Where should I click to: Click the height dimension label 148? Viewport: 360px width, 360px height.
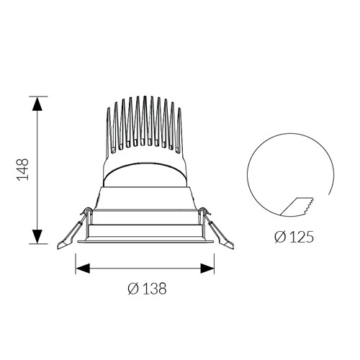point(23,169)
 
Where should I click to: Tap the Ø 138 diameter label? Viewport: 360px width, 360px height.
point(147,288)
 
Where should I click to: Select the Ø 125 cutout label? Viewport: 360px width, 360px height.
point(294,237)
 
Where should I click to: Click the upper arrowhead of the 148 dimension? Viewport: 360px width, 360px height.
point(37,104)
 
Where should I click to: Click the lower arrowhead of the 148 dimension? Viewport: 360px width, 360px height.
point(37,236)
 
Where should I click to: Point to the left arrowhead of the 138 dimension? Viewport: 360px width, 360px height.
point(83,269)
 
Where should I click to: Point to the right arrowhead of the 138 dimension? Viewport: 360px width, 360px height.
point(207,269)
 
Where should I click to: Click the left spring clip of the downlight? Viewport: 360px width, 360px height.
point(72,232)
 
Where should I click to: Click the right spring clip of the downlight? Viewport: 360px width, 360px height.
point(217,232)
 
